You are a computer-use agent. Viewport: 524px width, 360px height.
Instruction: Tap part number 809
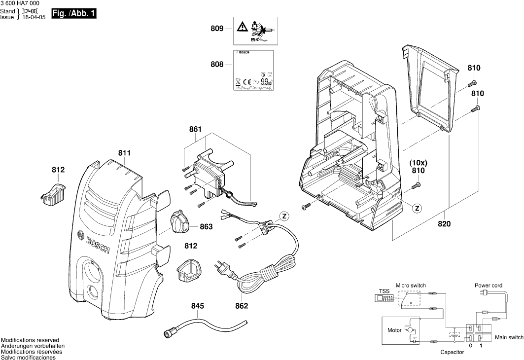[x=217, y=29]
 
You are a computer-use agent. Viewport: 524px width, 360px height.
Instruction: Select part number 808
[x=217, y=65]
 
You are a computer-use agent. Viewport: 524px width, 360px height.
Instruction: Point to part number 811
[x=124, y=153]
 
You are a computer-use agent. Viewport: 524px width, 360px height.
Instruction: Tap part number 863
[x=206, y=227]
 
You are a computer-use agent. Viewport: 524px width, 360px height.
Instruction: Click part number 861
[x=196, y=130]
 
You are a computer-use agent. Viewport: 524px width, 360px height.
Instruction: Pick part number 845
[x=198, y=306]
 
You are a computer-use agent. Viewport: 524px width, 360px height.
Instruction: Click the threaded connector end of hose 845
[x=169, y=334]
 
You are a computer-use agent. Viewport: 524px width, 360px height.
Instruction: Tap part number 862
[x=242, y=306]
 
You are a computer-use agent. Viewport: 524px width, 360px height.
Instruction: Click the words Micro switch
[x=411, y=286]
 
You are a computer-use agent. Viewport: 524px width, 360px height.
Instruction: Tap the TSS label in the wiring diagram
[x=384, y=291]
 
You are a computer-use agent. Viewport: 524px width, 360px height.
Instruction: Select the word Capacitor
[x=452, y=353]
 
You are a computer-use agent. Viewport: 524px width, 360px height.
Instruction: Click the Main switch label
[x=509, y=337]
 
